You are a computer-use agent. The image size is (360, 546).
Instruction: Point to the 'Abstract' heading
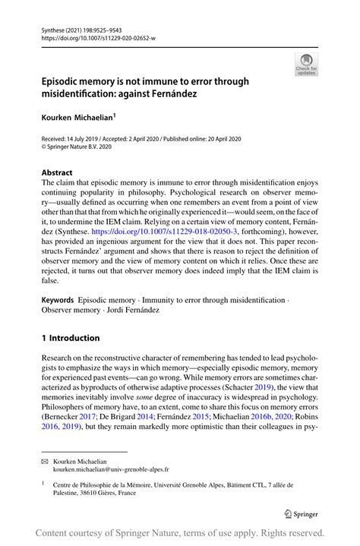[x=56, y=172]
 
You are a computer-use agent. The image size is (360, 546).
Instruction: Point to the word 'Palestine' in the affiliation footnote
[x=68, y=493]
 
